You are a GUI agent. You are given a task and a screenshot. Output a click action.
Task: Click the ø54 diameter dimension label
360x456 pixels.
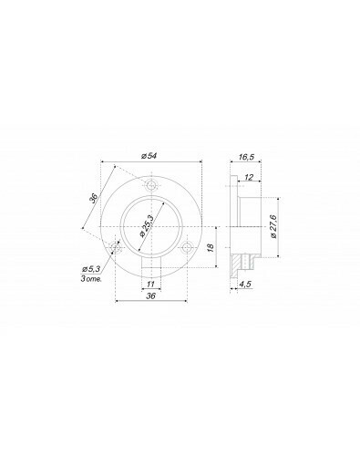[x=149, y=156]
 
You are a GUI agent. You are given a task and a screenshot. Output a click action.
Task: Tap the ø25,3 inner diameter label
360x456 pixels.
[x=146, y=225]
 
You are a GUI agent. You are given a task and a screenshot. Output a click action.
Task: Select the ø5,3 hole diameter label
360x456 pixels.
[x=91, y=269]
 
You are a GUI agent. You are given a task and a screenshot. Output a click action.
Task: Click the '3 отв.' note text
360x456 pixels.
[x=91, y=278]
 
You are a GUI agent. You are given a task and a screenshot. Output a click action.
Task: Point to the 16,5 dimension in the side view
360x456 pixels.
[x=246, y=157]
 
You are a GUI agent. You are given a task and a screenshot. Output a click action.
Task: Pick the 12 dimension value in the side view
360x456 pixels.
[x=249, y=177]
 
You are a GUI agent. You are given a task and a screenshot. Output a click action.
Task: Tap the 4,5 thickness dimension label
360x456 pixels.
[x=245, y=284]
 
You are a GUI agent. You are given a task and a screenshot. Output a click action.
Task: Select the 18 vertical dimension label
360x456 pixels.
[x=211, y=247]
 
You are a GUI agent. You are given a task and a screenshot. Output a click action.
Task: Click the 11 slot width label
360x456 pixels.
[x=151, y=284]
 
